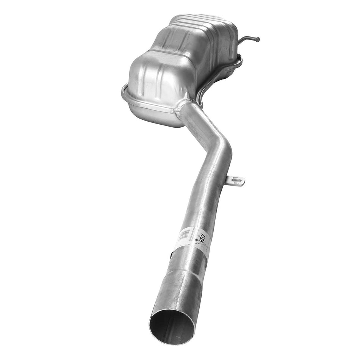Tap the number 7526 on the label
[x=204, y=238]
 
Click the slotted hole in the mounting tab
[x=238, y=180]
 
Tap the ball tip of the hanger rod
[x=258, y=39]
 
